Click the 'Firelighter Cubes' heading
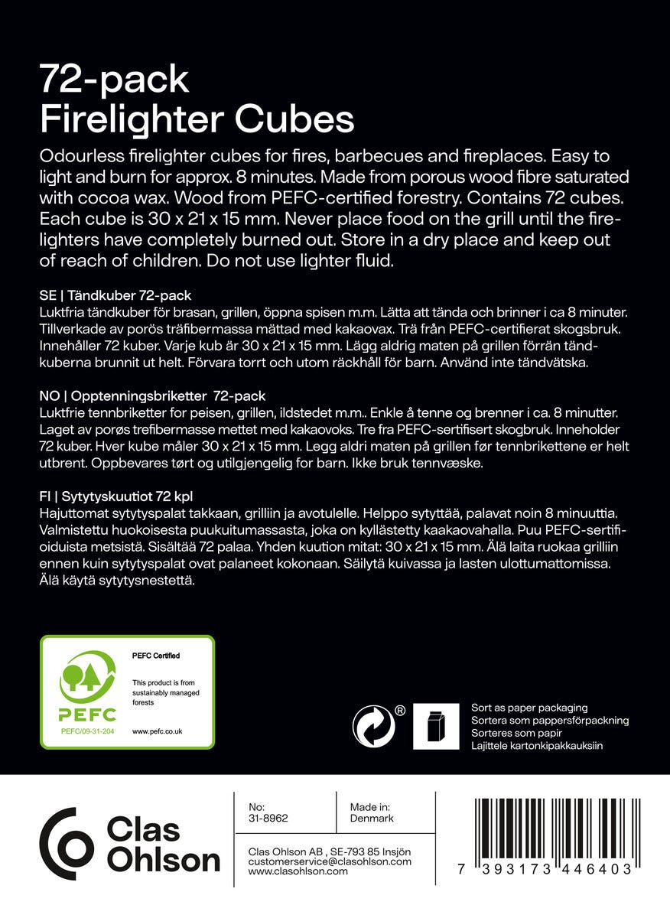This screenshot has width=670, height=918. (197, 119)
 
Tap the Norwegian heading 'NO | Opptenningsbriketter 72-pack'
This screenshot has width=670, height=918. (152, 396)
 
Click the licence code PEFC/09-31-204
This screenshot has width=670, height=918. (88, 731)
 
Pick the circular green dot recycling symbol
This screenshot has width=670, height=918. (373, 726)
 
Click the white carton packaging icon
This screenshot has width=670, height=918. (436, 726)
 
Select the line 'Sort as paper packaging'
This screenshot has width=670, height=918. (529, 708)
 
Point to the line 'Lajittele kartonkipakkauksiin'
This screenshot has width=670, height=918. (538, 744)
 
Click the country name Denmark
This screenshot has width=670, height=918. (371, 819)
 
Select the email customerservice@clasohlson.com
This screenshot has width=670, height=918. (330, 861)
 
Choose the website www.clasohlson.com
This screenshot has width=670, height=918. (298, 871)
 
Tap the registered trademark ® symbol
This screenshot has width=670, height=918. (400, 710)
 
